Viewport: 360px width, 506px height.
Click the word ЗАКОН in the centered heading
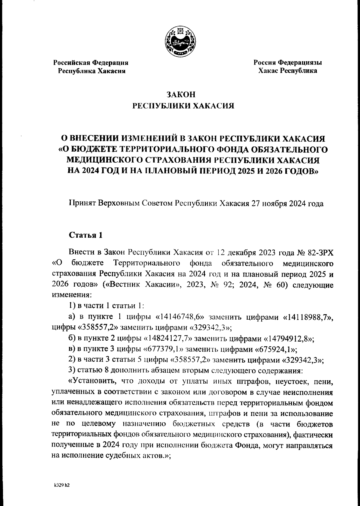[181, 95]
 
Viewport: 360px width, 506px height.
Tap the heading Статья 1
[86, 235]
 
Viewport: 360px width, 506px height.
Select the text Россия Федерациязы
[288, 63]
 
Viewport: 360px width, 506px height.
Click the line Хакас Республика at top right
[288, 71]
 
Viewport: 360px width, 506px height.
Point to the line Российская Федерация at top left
[91, 63]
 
